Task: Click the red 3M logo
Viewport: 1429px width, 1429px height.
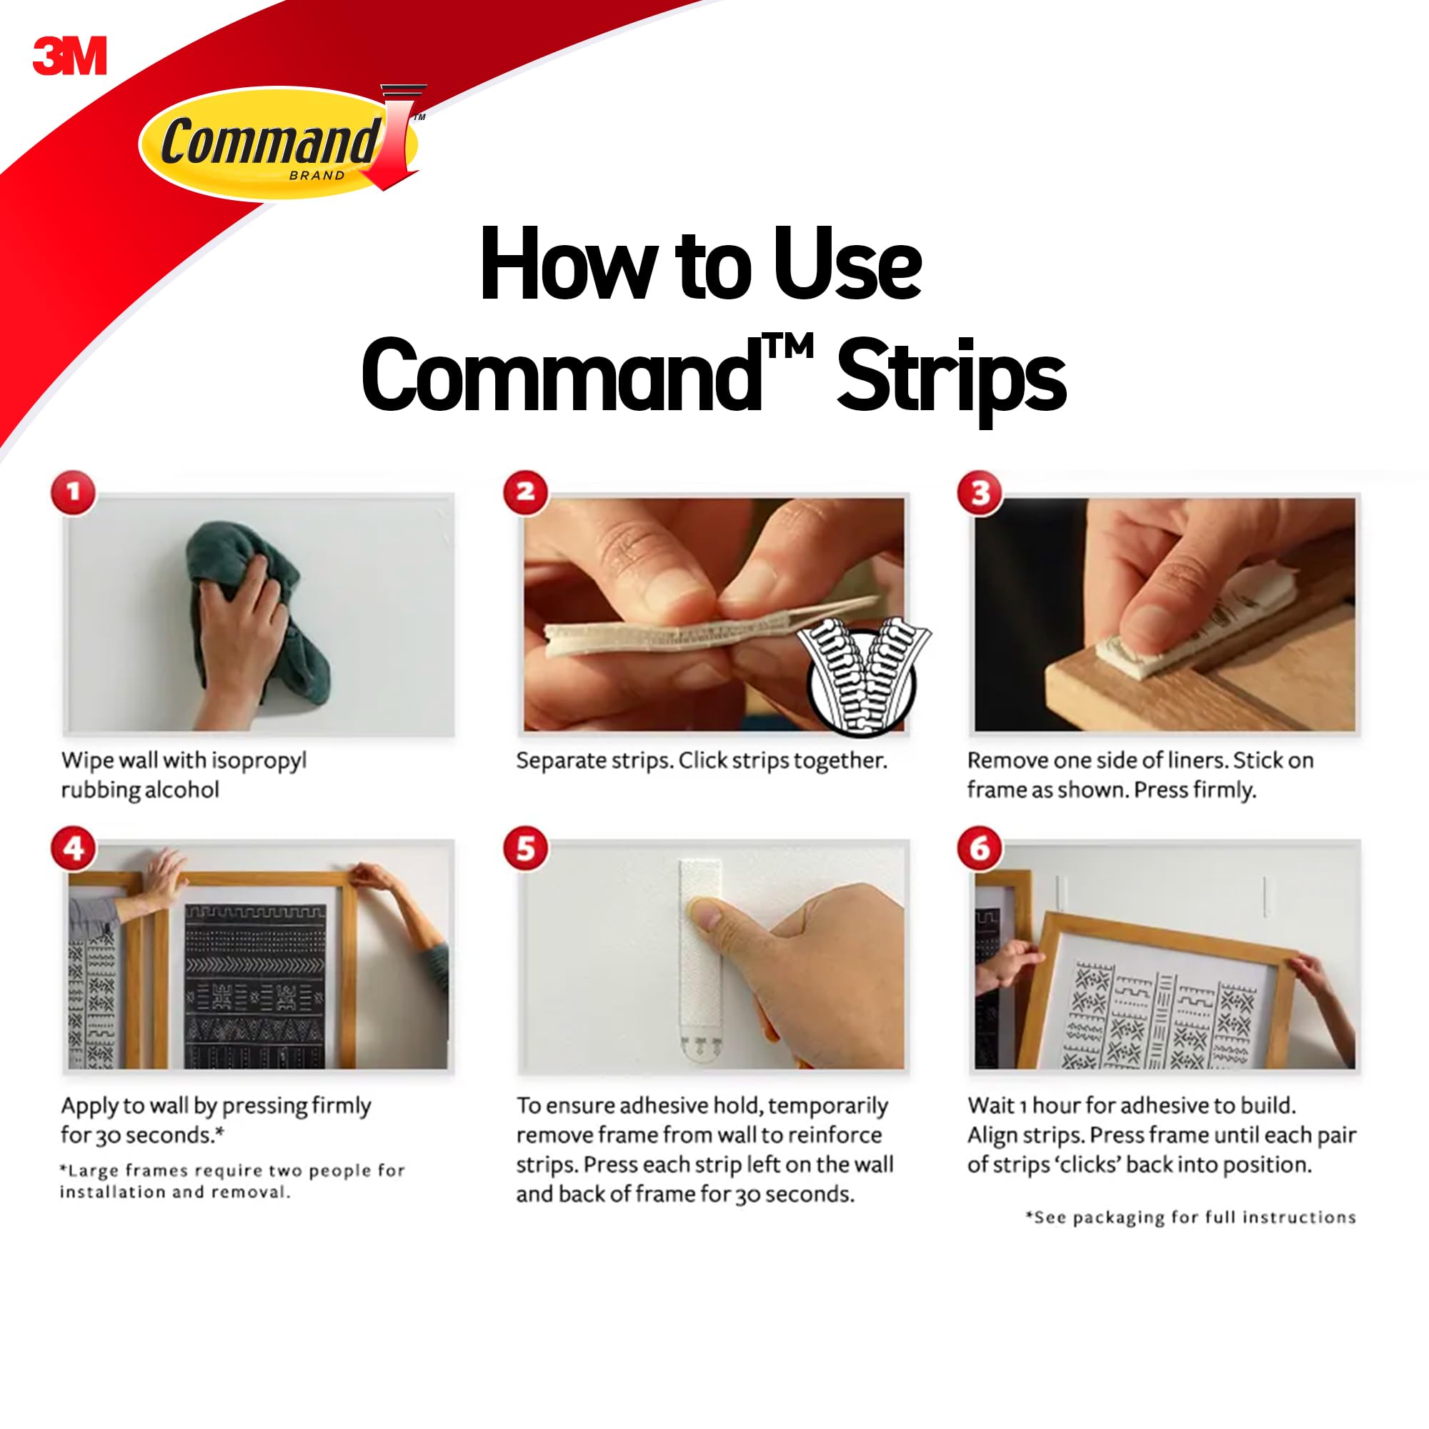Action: [x=69, y=56]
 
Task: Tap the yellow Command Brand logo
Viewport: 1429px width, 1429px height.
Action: [x=281, y=143]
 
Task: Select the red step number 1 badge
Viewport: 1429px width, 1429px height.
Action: [x=73, y=492]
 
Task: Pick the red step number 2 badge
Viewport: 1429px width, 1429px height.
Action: [x=526, y=492]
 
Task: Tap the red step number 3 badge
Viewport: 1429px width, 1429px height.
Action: [x=980, y=492]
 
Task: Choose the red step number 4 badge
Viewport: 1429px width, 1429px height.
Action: [x=73, y=848]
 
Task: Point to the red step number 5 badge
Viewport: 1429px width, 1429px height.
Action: [x=526, y=848]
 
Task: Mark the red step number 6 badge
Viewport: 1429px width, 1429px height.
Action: [x=980, y=848]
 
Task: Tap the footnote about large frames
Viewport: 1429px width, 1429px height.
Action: [x=232, y=1181]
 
